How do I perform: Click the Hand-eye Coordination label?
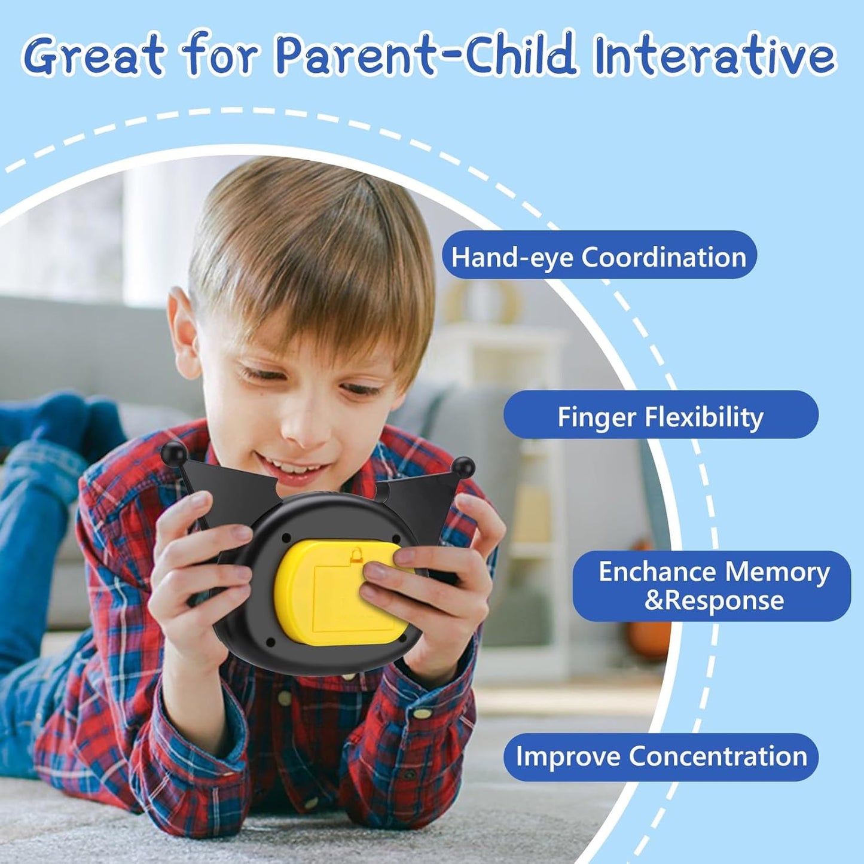[x=599, y=256]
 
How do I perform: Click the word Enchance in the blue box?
[x=658, y=572]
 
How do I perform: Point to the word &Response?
[x=715, y=602]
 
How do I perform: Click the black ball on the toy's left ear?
[x=173, y=453]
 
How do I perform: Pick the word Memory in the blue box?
[x=777, y=572]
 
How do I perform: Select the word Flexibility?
[x=704, y=417]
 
